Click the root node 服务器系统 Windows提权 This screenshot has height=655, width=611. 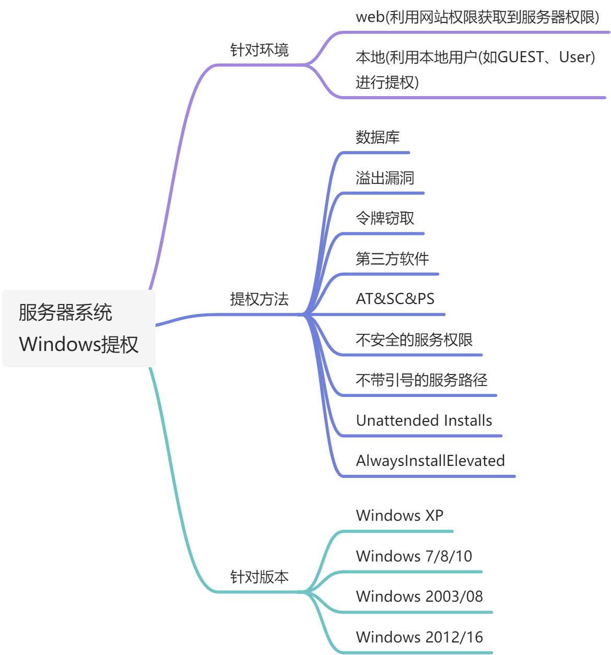point(78,328)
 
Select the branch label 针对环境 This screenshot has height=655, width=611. point(259,50)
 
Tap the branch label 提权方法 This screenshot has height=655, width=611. point(259,299)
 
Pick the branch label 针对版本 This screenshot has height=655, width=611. point(259,577)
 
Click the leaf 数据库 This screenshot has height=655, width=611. point(378,137)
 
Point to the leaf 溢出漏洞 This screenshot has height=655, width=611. point(385,178)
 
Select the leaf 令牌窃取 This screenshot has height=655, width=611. point(385,218)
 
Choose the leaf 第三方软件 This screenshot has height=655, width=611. point(392,259)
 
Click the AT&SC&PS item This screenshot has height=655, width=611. point(395,299)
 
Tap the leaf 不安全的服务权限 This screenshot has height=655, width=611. point(414,340)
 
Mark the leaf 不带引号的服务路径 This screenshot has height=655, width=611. point(421,380)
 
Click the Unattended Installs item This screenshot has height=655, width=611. point(424,420)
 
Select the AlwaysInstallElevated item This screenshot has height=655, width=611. point(430,461)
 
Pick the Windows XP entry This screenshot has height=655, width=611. point(399,516)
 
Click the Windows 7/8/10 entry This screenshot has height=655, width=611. point(414,556)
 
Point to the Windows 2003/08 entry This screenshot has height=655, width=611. point(419,596)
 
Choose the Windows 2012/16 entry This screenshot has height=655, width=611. point(419,637)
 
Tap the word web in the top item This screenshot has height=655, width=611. point(370,17)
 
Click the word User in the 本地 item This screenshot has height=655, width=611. point(574,57)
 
